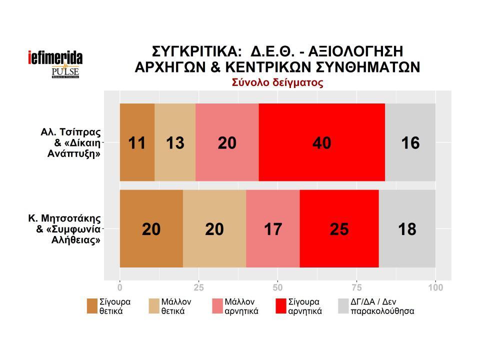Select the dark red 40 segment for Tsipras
[x=321, y=142]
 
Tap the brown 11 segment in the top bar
[x=137, y=142]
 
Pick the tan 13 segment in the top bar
[x=175, y=142]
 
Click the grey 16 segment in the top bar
[x=410, y=142]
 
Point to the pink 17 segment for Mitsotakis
[x=272, y=229]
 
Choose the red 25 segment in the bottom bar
[x=339, y=229]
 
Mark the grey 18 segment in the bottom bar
[x=407, y=229]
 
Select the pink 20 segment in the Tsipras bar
[x=227, y=142]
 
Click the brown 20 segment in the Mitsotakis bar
[x=151, y=229]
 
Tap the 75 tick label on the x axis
[x=356, y=287]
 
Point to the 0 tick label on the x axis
[x=120, y=287]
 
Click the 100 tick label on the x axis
[x=435, y=287]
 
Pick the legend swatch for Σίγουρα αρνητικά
[x=281, y=306]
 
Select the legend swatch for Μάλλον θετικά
[x=154, y=306]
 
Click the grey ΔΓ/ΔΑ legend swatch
[x=343, y=306]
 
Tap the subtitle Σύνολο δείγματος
[x=277, y=83]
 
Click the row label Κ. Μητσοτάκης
[x=65, y=218]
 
